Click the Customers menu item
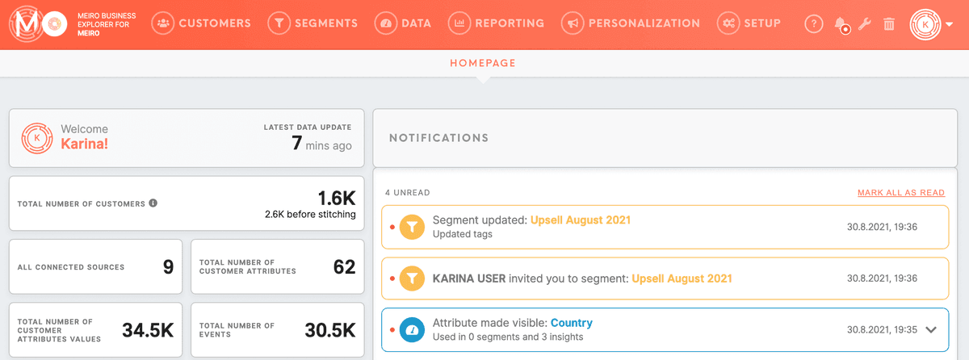click(201, 23)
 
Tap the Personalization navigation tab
click(631, 23)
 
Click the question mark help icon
click(813, 24)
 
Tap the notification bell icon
click(841, 24)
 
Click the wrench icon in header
click(864, 24)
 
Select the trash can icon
click(888, 24)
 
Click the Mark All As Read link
click(901, 193)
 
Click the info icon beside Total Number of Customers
click(153, 203)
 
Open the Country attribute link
click(571, 323)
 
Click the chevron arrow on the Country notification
click(931, 329)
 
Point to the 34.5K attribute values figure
click(148, 329)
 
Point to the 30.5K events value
click(329, 329)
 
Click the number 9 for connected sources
click(168, 266)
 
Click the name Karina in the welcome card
click(84, 145)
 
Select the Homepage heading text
click(482, 63)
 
